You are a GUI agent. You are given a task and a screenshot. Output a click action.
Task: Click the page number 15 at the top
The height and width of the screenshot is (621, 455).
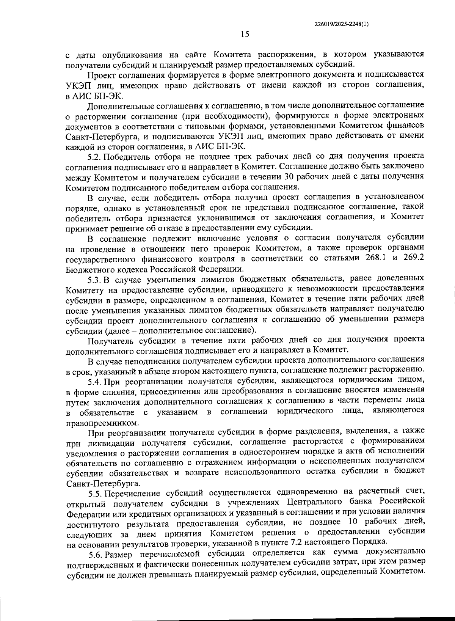pyautogui.click(x=245, y=35)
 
